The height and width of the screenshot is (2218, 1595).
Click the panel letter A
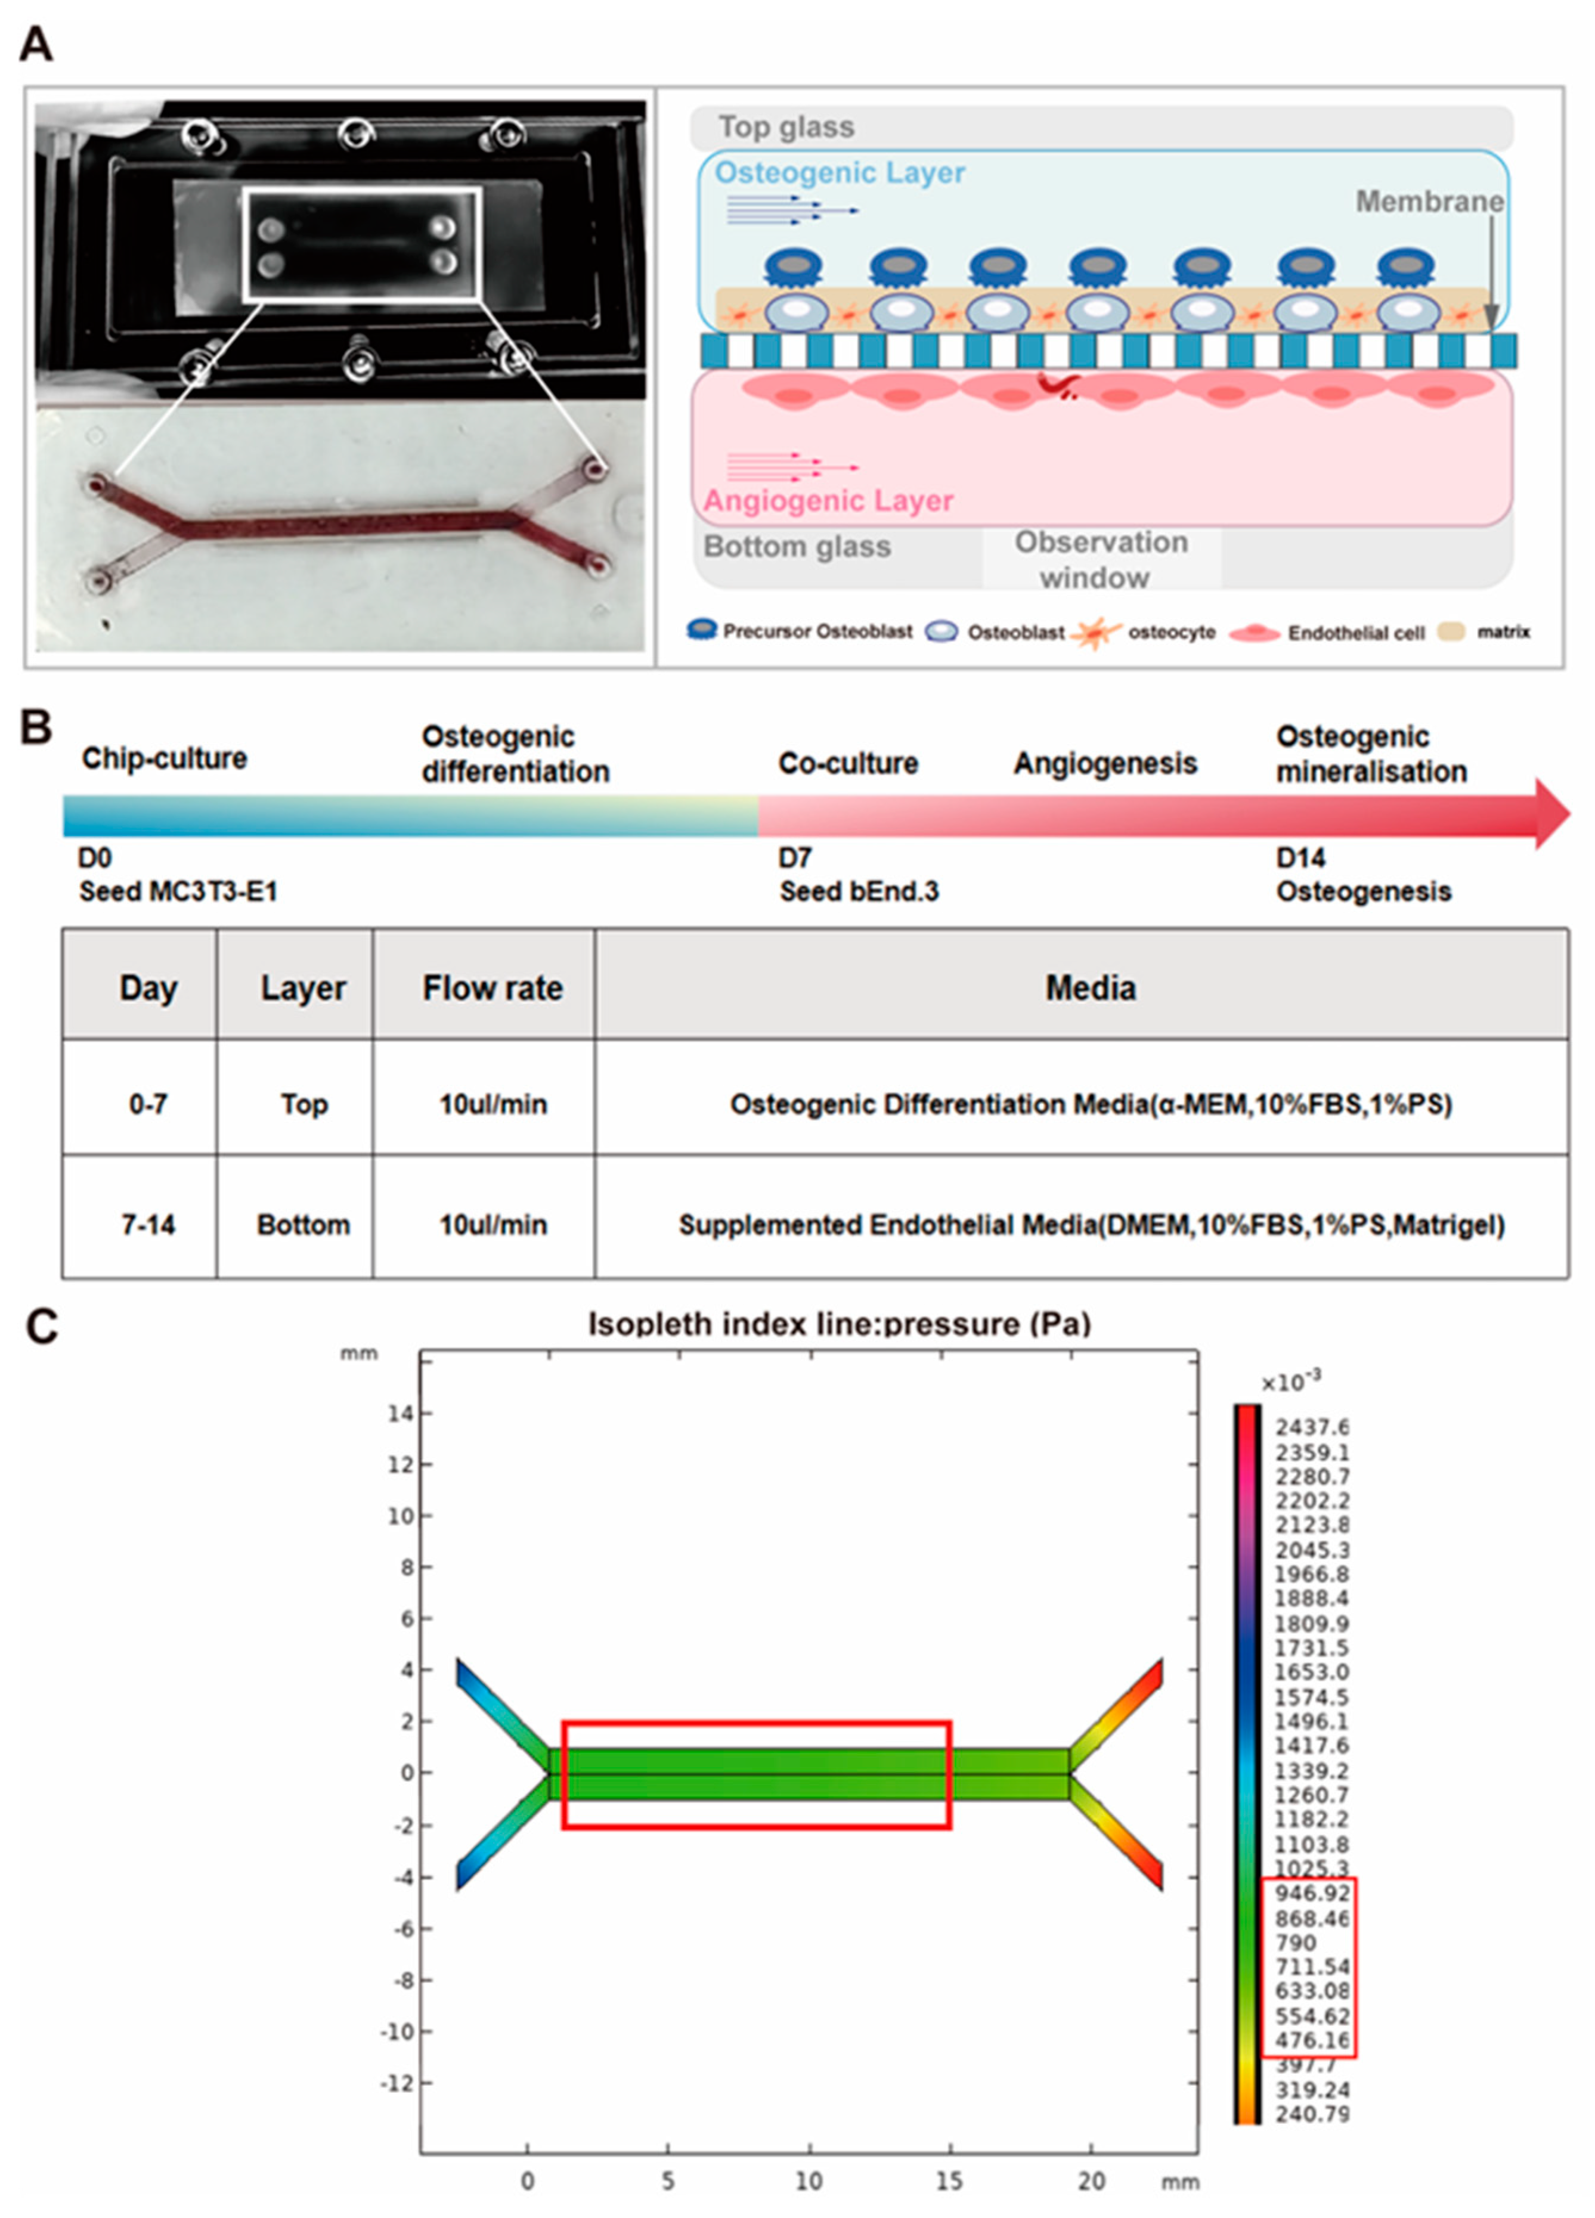36,44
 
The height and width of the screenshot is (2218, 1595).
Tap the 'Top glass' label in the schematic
786,127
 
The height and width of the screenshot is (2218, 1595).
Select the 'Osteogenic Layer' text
839,173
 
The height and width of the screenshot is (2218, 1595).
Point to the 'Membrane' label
1429,202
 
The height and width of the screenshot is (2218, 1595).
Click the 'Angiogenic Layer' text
828,501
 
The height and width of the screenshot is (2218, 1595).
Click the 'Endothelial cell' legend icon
1255,633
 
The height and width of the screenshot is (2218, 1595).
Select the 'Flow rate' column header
492,988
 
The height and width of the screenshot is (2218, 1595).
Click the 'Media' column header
1091,988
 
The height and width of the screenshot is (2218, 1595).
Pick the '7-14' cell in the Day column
148,1225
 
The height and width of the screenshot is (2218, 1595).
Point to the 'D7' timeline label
794,857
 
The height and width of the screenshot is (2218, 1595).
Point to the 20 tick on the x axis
1091,2181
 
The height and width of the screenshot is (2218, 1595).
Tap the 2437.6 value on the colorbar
1311,1428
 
